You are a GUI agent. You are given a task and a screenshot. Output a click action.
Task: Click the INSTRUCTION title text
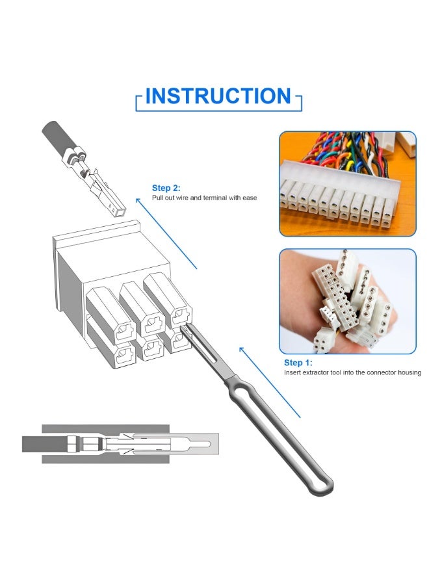218,96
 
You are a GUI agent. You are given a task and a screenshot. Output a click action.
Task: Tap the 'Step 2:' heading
166,187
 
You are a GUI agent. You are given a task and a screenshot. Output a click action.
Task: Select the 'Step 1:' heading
298,363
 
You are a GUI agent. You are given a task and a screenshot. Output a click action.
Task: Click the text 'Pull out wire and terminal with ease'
205,198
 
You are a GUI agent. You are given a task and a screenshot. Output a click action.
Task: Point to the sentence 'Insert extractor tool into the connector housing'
352,373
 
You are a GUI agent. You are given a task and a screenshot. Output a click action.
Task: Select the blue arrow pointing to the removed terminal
166,233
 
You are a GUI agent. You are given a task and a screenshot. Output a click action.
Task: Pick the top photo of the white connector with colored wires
347,184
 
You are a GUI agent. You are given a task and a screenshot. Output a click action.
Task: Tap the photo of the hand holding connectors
347,301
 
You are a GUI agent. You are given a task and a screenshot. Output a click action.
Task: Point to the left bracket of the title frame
138,103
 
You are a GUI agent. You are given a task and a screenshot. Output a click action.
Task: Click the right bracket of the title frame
300,103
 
